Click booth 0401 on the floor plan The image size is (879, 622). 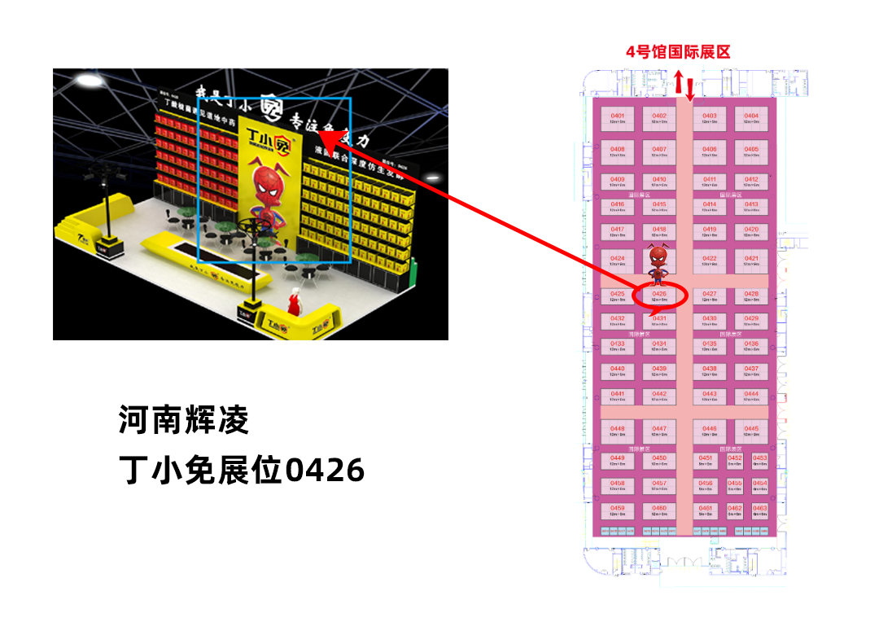tap(618, 119)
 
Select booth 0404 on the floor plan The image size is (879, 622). tap(751, 119)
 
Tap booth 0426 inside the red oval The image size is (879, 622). tap(659, 296)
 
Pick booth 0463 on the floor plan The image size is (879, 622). tap(760, 510)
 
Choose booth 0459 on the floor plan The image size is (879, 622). tap(618, 510)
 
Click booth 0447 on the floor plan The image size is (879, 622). tap(659, 431)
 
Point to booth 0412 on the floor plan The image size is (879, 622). tap(751, 182)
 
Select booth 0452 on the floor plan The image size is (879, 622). tap(735, 460)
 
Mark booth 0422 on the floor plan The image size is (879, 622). tap(710, 261)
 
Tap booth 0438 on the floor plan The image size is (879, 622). tap(710, 371)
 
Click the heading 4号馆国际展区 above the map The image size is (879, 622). tap(678, 52)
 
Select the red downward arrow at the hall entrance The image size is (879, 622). tap(691, 90)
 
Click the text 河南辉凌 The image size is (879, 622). tap(184, 421)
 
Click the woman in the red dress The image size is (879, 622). tap(294, 303)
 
